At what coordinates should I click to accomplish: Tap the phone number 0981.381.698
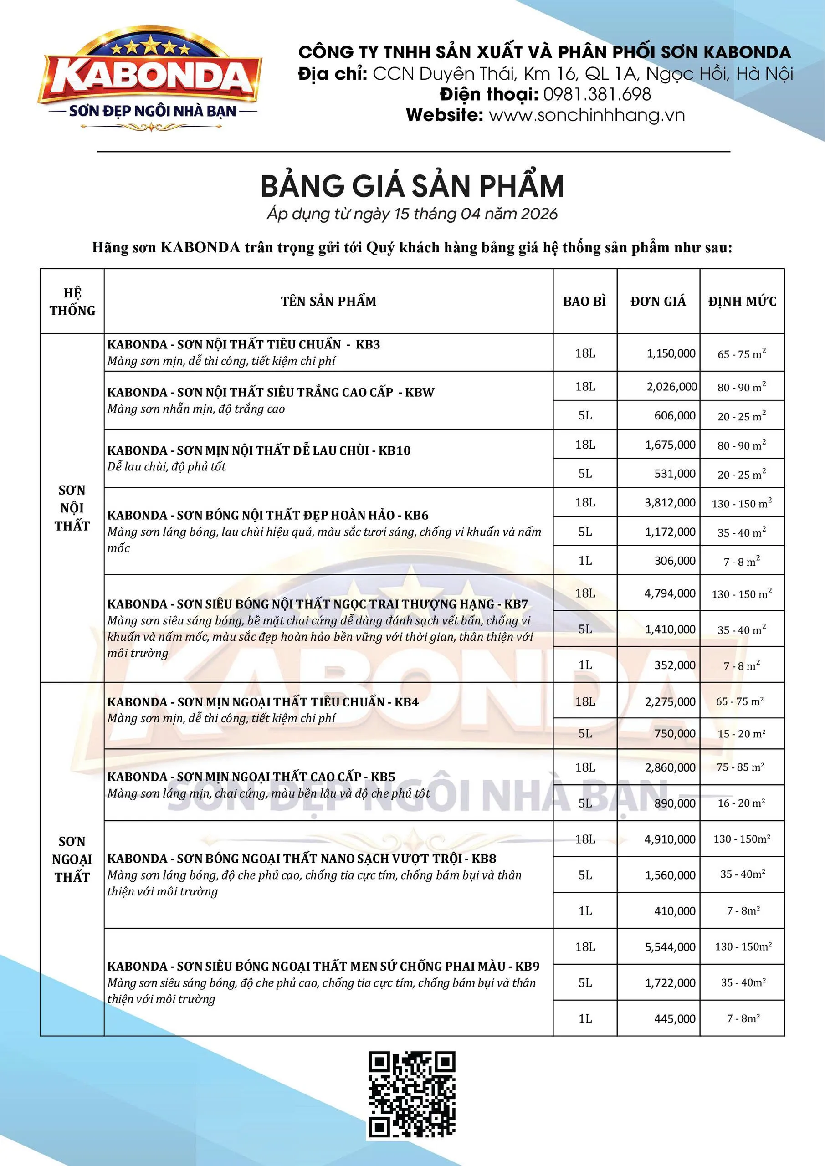point(597,94)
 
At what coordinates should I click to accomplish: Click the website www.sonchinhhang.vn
point(587,115)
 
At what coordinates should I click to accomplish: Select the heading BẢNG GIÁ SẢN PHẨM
point(412,186)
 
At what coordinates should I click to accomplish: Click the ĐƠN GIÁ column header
point(658,301)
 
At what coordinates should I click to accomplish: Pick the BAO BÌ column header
point(585,301)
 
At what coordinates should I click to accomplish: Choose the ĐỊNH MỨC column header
point(742,301)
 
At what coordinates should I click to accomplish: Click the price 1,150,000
point(671,353)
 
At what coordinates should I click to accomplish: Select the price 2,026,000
point(671,387)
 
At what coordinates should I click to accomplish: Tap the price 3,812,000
point(670,502)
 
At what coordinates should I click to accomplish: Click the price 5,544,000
point(670,946)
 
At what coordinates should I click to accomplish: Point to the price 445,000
point(675,1018)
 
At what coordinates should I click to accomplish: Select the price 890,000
point(675,803)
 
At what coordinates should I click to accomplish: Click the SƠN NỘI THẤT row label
point(72,508)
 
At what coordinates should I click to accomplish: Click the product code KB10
point(395,450)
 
